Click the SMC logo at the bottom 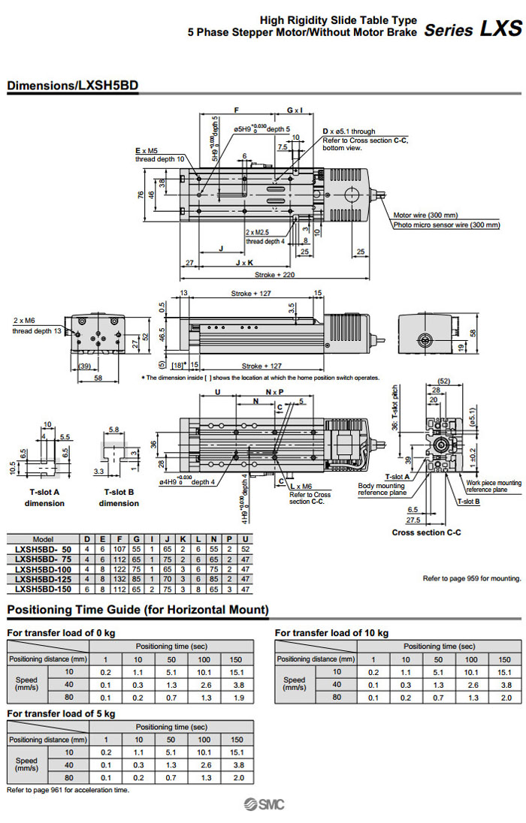[262, 806]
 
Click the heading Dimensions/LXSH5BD [73, 86]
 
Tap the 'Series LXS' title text [473, 30]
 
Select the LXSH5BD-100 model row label [44, 569]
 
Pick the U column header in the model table [246, 539]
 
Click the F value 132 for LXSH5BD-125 [122, 579]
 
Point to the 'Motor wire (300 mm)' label [425, 215]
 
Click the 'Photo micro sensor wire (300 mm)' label [446, 225]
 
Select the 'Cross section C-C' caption [427, 532]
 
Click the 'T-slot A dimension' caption [44, 498]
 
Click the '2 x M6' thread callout [25, 321]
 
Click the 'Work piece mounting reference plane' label [493, 486]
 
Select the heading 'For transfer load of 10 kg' [331, 633]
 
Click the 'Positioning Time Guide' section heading [138, 610]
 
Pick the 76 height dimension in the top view [140, 194]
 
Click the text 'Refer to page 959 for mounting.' [472, 579]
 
